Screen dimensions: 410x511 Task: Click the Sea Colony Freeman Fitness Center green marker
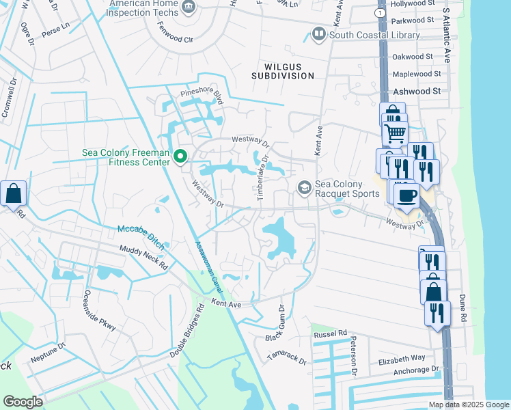(x=180, y=157)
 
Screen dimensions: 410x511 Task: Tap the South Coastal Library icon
(x=318, y=33)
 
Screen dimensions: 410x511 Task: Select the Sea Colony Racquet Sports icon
(x=304, y=187)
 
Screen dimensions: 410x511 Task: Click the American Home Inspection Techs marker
(x=189, y=8)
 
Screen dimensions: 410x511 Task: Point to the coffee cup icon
(x=407, y=195)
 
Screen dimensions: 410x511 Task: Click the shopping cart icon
(x=395, y=134)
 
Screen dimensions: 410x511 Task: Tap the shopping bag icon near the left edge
(x=13, y=194)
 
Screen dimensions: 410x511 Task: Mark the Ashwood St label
(x=415, y=91)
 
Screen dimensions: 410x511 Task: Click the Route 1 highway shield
(x=381, y=12)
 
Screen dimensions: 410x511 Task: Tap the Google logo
(x=23, y=401)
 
